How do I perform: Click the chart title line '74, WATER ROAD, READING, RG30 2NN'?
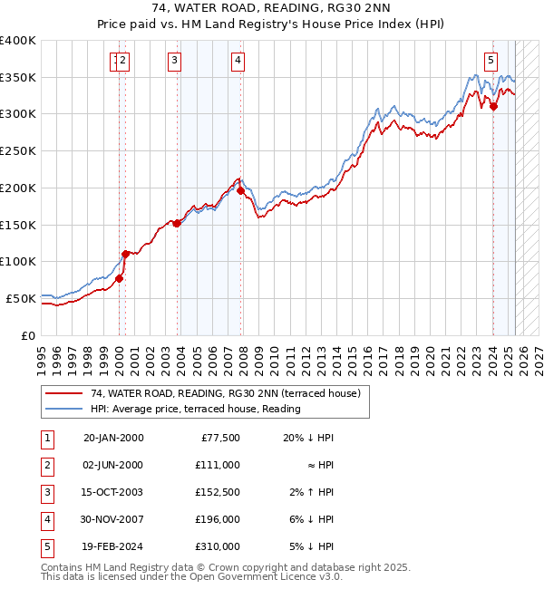pyautogui.click(x=272, y=10)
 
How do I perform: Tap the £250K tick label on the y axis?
pyautogui.click(x=18, y=151)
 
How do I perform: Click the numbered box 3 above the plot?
pyautogui.click(x=173, y=62)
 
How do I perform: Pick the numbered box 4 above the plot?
pyautogui.click(x=237, y=62)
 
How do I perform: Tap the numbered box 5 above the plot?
pyautogui.click(x=491, y=62)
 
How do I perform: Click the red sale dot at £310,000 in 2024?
pyautogui.click(x=493, y=107)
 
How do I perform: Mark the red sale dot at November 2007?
pyautogui.click(x=240, y=190)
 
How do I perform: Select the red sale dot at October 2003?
pyautogui.click(x=177, y=223)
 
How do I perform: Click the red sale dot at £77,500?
pyautogui.click(x=119, y=278)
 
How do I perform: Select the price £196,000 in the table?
pyautogui.click(x=218, y=519)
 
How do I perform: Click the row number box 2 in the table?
pyautogui.click(x=45, y=465)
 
